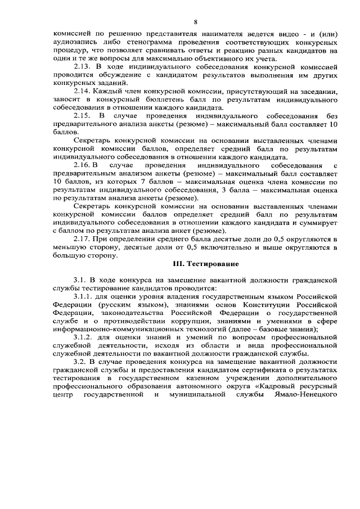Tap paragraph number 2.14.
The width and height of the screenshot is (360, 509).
[83, 91]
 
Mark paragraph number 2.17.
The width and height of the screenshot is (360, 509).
[83, 239]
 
